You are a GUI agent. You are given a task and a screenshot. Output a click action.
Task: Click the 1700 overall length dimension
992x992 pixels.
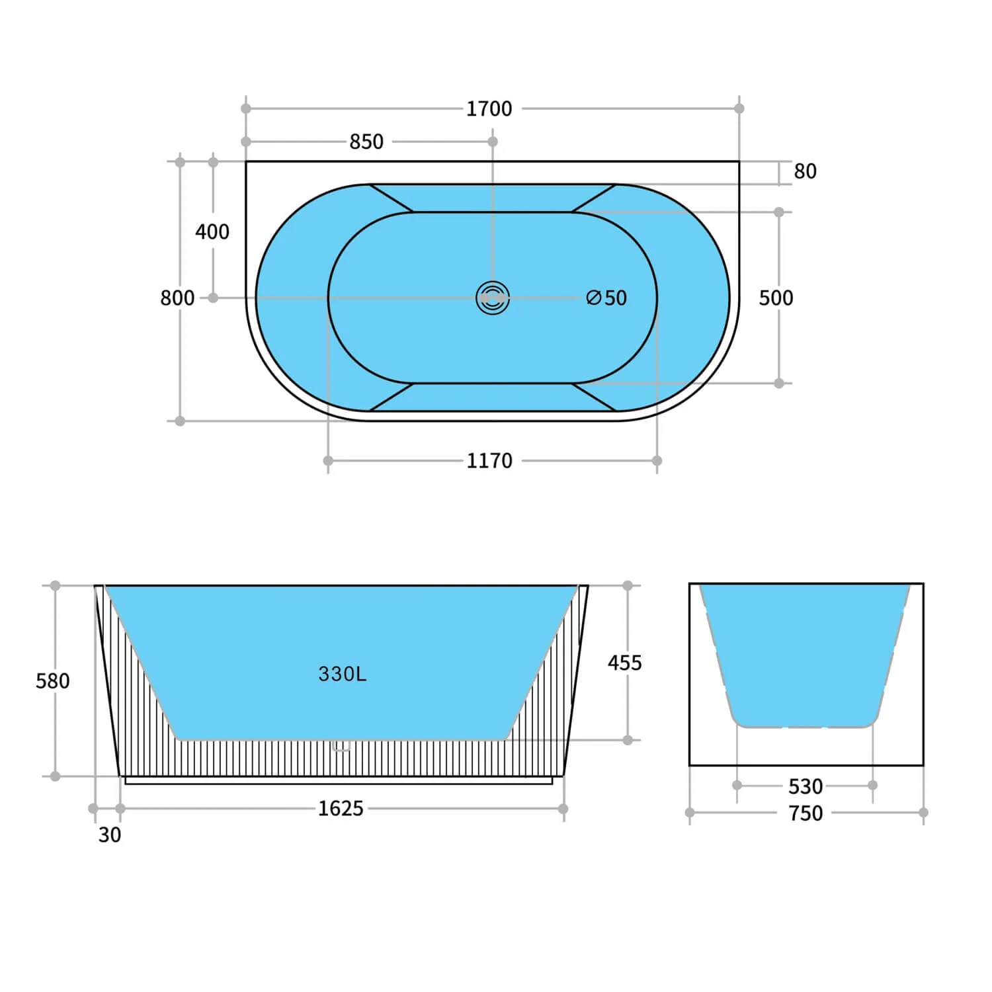tap(489, 108)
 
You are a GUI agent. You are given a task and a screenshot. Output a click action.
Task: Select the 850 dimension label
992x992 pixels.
tap(366, 142)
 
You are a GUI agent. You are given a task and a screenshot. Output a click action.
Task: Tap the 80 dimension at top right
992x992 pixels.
tap(805, 171)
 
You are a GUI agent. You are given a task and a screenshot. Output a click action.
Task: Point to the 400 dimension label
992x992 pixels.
tap(212, 231)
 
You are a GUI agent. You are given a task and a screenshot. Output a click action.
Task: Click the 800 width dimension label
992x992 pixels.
tap(177, 298)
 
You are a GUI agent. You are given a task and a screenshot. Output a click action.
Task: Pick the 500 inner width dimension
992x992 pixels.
tap(776, 298)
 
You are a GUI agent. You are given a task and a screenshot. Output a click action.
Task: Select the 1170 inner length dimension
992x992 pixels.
tap(489, 461)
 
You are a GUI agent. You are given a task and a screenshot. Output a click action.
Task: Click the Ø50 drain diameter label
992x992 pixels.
tap(606, 298)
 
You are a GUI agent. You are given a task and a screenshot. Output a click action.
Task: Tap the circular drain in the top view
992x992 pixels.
tap(493, 298)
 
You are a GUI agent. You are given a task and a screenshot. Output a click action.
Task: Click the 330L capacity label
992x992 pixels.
tap(342, 674)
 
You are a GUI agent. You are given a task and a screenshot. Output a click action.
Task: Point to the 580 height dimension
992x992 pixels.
tap(52, 681)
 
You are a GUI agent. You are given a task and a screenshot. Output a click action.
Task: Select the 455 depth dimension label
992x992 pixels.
tap(624, 663)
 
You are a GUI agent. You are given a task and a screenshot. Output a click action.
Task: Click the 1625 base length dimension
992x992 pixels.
tap(341, 808)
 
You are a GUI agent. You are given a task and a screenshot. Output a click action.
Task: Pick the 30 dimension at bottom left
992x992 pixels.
tap(110, 835)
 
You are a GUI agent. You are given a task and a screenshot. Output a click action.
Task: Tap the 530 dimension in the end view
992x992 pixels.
tap(805, 786)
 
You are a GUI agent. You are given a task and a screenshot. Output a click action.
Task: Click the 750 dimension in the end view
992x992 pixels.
tap(805, 813)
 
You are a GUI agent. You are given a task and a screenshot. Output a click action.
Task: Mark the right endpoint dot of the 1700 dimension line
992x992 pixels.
tap(739, 108)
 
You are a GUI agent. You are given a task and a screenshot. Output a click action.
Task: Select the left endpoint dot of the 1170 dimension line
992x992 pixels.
tap(328, 461)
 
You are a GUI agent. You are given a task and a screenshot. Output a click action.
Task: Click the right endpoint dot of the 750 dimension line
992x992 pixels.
tap(923, 812)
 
